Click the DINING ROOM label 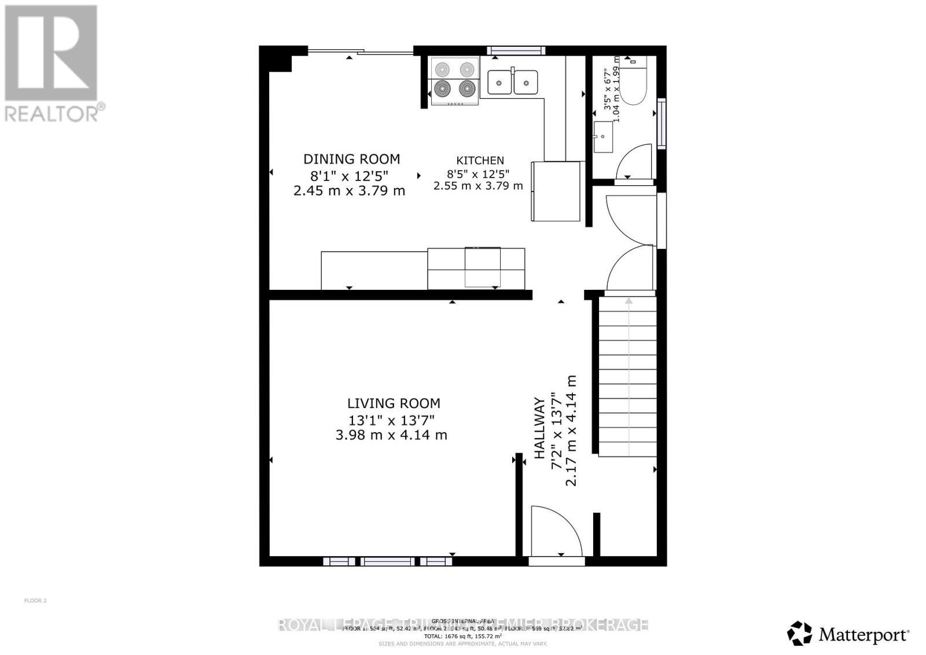[351, 159]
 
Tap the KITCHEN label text [480, 161]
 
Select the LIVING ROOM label [394, 403]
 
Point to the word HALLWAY [539, 428]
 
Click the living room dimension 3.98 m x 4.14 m [391, 435]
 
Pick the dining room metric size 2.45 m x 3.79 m [349, 190]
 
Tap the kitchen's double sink [512, 82]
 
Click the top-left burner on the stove [442, 69]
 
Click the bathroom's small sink [603, 137]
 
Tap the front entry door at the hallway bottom [556, 531]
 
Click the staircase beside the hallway [627, 376]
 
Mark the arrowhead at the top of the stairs [629, 301]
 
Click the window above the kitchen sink [516, 51]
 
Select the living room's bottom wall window [387, 561]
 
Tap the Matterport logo [848, 634]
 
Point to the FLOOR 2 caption [35, 601]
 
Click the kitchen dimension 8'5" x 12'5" [478, 174]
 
